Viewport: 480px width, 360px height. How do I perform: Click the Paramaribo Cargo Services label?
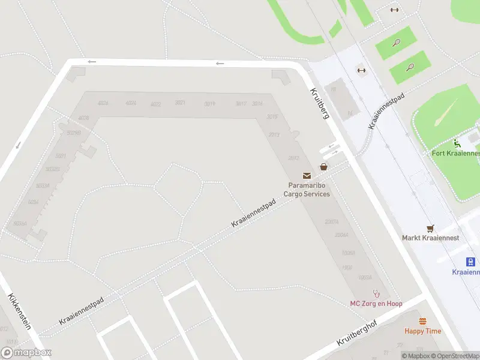point(307,190)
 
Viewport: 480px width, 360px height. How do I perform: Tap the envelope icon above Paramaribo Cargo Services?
point(307,176)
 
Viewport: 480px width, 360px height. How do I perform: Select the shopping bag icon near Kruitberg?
point(324,167)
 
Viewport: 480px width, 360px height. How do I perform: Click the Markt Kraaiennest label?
point(430,238)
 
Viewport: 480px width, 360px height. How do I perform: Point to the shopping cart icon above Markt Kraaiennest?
point(430,228)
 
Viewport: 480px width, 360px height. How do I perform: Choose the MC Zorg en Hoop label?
point(376,303)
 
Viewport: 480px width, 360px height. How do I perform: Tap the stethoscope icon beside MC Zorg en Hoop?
point(377,293)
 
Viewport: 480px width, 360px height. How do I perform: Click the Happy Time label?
point(422,331)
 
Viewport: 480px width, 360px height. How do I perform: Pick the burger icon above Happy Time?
point(422,321)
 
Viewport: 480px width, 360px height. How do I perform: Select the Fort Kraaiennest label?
point(456,153)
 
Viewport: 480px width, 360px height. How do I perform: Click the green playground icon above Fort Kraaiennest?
point(457,143)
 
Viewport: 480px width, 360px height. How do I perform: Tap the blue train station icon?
point(472,262)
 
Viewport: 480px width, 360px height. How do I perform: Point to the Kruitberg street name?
point(320,103)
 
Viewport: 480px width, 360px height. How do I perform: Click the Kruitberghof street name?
point(359,332)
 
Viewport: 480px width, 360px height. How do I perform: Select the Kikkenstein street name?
point(19,312)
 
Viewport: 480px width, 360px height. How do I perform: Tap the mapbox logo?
point(26,353)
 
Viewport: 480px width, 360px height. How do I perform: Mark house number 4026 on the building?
point(103,103)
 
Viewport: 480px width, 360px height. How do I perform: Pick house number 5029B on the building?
point(74,133)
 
